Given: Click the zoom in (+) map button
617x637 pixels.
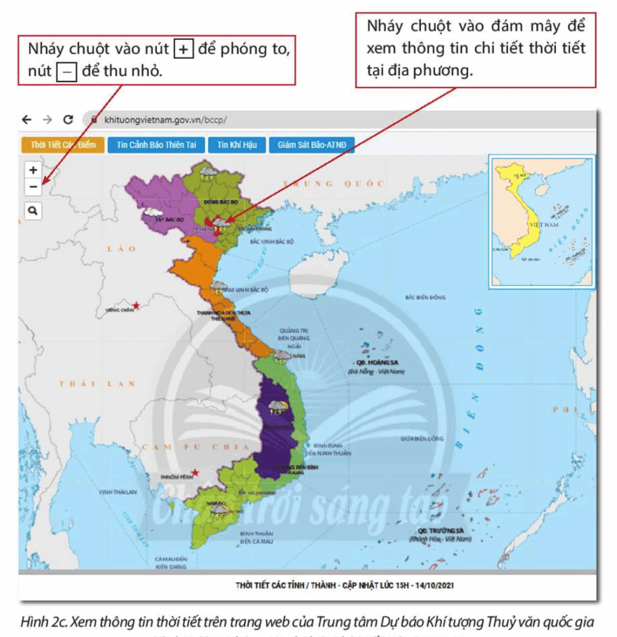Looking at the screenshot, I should [33, 170].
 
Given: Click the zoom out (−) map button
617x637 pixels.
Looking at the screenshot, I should [33, 186].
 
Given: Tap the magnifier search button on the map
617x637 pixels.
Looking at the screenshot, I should [33, 211].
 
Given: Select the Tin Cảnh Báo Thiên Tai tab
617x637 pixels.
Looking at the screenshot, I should [156, 145].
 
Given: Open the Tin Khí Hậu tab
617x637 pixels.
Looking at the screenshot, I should [237, 145].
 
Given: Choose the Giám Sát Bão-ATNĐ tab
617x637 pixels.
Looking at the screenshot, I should [311, 145].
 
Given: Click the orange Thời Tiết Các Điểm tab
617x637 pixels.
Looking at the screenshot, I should [63, 145].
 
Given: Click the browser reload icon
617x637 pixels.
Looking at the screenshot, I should [68, 119].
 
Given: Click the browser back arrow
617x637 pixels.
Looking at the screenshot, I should [26, 119].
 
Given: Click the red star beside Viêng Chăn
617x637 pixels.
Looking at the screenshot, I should [136, 305].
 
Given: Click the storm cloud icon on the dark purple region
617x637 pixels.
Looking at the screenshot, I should [278, 407].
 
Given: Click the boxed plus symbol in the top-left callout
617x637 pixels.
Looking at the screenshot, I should [183, 50].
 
